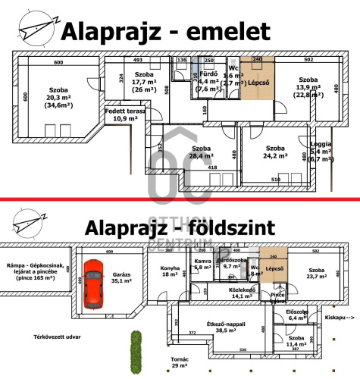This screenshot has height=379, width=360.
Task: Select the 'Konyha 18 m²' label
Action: pyautogui.click(x=171, y=271)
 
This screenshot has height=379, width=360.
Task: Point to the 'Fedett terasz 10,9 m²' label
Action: pyautogui.click(x=124, y=115)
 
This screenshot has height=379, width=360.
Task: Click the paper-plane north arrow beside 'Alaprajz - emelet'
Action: pyautogui.click(x=34, y=31)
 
